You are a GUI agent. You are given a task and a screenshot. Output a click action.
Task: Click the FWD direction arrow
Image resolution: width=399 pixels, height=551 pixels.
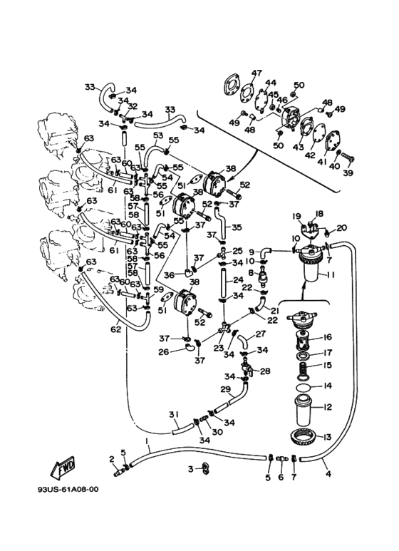63,468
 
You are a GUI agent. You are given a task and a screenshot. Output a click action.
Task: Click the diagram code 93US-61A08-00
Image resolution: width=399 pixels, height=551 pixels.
68,490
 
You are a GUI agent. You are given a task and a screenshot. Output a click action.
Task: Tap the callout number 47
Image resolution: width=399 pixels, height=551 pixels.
256,73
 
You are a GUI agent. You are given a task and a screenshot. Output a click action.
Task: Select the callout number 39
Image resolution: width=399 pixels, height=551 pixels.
348,173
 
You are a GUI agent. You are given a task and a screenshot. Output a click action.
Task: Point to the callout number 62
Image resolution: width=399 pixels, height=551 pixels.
116,329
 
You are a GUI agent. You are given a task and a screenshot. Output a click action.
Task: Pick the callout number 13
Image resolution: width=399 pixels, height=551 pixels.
326,437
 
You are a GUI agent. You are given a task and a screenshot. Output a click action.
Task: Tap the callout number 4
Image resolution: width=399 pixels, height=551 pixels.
328,474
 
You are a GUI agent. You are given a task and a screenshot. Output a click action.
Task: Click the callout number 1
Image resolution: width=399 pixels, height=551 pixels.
147,441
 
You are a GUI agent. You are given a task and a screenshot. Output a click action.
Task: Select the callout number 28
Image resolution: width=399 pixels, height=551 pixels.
265,371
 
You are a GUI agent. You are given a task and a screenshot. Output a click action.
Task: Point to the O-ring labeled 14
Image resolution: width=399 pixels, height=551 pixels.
303,387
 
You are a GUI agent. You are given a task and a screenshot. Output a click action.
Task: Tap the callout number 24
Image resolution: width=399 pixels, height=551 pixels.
238,280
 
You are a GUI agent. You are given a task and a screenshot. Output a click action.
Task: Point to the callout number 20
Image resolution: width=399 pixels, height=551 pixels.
341,228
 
